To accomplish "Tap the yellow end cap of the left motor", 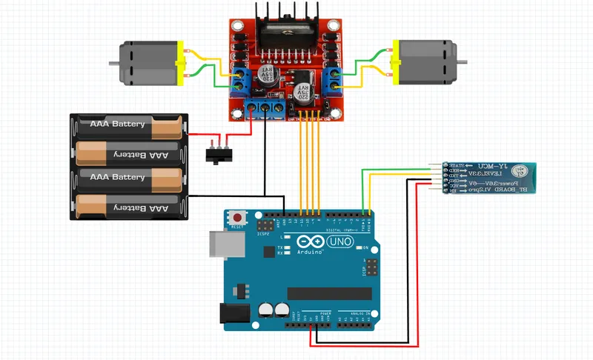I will (x=179, y=64).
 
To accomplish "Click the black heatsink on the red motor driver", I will (x=284, y=30).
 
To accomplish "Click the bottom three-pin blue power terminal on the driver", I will (x=265, y=109).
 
